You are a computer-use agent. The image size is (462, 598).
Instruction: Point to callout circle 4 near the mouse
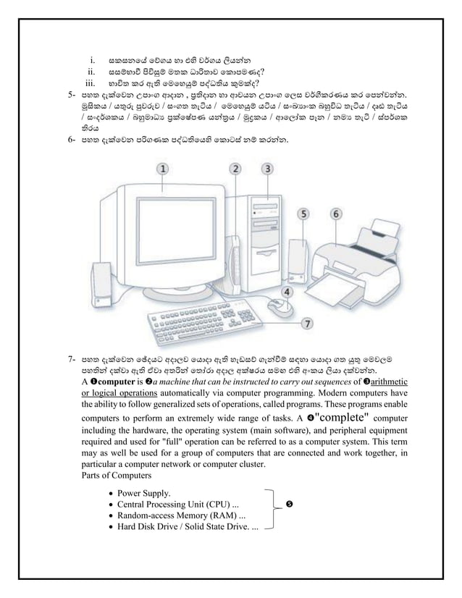pos(287,292)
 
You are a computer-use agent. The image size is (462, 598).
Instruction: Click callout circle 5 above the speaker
pos(306,214)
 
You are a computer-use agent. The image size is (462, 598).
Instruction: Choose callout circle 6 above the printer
pos(337,214)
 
